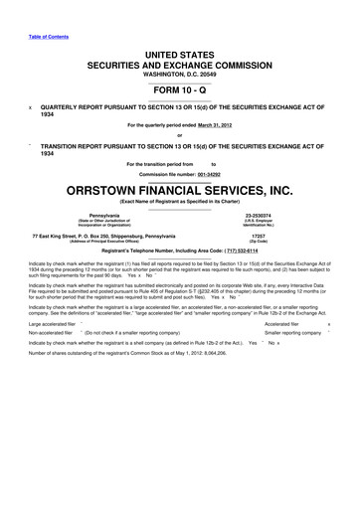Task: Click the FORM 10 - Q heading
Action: pyautogui.click(x=180, y=88)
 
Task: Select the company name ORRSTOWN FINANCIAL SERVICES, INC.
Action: pyautogui.click(x=180, y=189)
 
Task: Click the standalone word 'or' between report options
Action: pyautogui.click(x=180, y=136)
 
